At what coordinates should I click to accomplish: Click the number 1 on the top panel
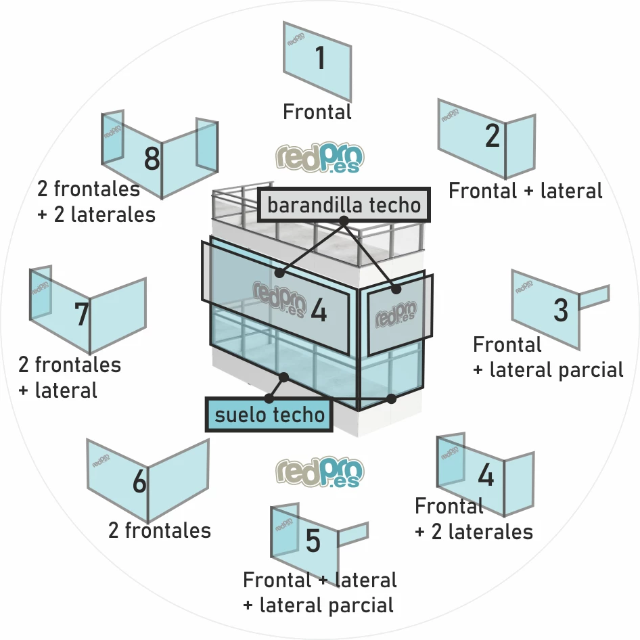point(320,58)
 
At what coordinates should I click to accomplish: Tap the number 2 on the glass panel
point(493,137)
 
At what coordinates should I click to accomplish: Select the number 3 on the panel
point(561,311)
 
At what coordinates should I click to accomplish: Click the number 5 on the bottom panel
point(313,542)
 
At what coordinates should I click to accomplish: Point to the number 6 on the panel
point(139,483)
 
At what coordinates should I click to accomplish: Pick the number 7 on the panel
point(82,315)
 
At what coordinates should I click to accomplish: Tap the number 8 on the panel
point(152,161)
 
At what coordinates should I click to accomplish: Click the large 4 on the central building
point(319,311)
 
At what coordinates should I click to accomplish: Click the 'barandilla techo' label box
point(344,205)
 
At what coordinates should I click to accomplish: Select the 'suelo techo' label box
point(269,414)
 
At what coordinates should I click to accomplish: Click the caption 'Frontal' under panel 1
point(317,112)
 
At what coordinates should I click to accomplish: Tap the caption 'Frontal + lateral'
point(526,191)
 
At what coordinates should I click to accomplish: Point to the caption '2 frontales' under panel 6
point(160,530)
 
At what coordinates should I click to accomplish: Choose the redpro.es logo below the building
point(320,472)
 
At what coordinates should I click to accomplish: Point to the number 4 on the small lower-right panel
point(486,476)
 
